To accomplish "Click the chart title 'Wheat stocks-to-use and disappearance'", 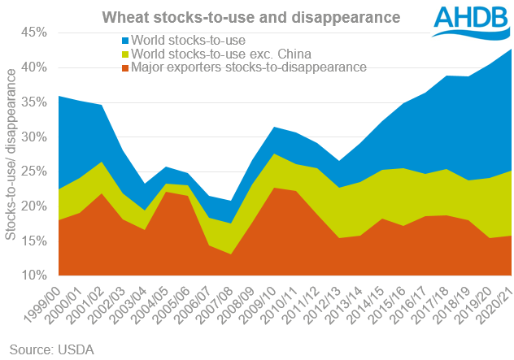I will click(x=241, y=16).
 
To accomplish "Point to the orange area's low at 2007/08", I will click(x=232, y=254).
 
